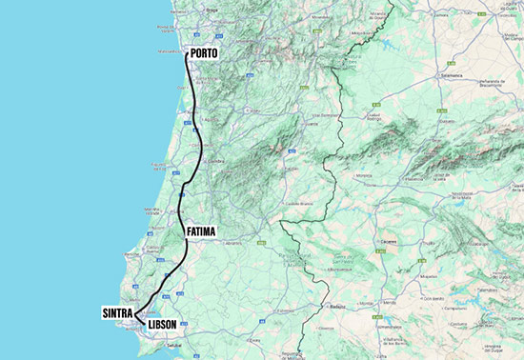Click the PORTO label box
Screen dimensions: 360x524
coord(205,53)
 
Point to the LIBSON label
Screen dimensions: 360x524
coord(163,324)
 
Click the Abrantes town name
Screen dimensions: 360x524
coord(232,243)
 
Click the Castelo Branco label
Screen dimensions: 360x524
coord(299,203)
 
